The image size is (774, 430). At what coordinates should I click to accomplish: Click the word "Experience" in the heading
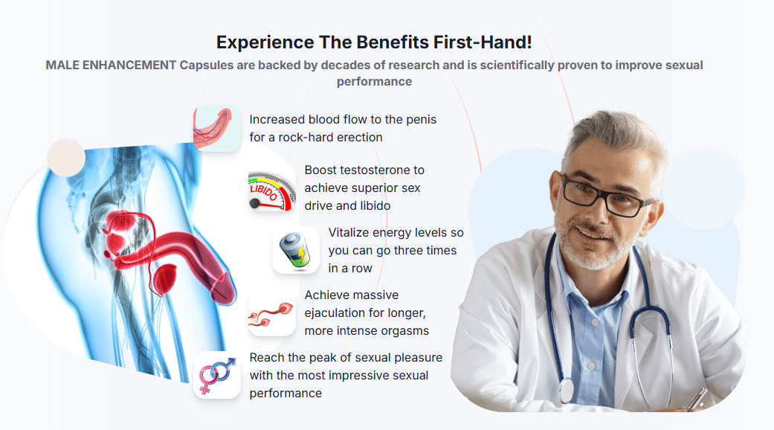(x=265, y=42)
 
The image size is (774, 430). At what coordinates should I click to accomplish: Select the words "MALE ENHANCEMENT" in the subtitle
(x=111, y=65)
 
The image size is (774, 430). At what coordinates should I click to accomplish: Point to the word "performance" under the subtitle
(x=374, y=81)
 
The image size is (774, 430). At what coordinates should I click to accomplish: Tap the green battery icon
(x=296, y=250)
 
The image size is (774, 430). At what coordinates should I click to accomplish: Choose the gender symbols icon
(x=217, y=375)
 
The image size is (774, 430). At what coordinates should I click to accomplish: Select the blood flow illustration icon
(x=216, y=128)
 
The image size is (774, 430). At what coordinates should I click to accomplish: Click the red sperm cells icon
(x=271, y=314)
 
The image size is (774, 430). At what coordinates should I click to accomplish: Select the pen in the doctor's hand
(x=695, y=400)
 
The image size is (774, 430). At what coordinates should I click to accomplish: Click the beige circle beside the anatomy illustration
(x=66, y=158)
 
